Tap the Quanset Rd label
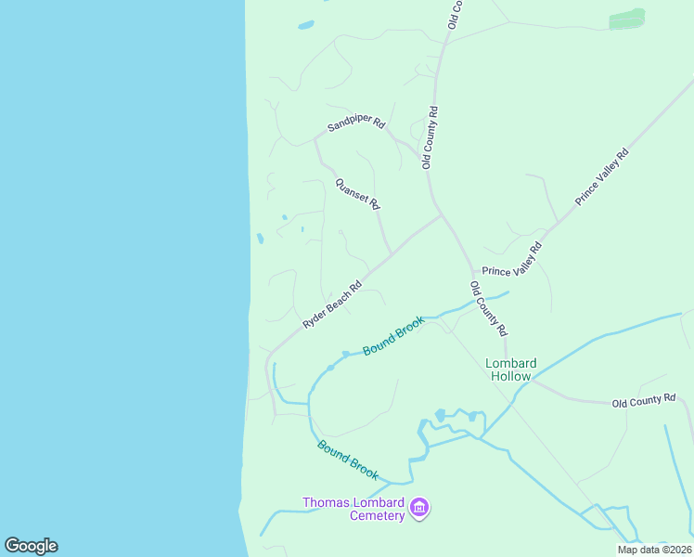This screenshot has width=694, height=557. pos(357,193)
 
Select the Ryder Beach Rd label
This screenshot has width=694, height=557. pos(331,305)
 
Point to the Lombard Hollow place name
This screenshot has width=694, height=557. pos(509,369)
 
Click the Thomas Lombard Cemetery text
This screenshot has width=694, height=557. pos(354,509)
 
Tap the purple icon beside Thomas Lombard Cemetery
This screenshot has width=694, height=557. pos(419,508)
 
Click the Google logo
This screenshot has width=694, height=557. pos(31,546)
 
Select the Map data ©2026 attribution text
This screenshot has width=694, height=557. pos(654,550)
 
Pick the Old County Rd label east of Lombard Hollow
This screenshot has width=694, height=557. pos(643,400)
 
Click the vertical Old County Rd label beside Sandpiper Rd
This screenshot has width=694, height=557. pos(430,137)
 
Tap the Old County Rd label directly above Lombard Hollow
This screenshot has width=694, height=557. pos(488,308)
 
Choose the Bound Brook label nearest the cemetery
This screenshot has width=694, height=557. pos(348,460)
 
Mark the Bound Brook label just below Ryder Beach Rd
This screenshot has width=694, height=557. pos(393,335)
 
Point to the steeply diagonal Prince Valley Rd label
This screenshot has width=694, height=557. pos(601,176)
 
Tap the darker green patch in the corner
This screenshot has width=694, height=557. pos(627,18)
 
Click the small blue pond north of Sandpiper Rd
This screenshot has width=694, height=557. pos(306,25)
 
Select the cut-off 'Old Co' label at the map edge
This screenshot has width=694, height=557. pos(455,14)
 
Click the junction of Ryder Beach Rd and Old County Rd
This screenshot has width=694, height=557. pos(441,214)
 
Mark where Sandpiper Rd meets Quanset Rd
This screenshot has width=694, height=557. pos(316,139)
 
